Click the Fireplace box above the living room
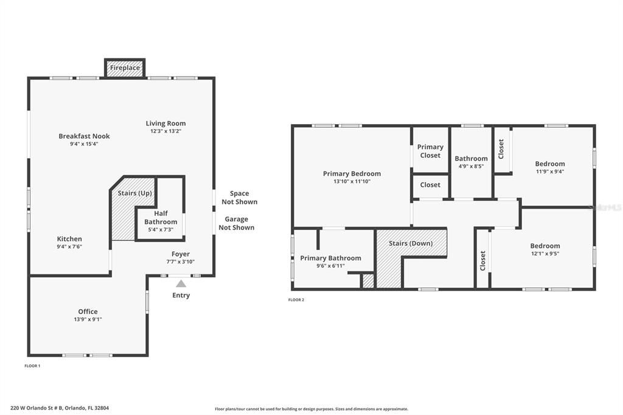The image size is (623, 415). click(125, 68)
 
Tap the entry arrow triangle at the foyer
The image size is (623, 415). click(181, 284)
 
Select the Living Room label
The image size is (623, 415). click(165, 124)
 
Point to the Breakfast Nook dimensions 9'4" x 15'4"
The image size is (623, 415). click(84, 144)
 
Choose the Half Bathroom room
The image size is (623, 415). click(161, 221)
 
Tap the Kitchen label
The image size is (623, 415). click(69, 239)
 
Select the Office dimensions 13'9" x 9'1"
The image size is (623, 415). click(88, 319)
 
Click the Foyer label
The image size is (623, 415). click(181, 254)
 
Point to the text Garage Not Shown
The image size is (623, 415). click(236, 223)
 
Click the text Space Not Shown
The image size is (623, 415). click(239, 198)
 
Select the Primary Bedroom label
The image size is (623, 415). click(352, 173)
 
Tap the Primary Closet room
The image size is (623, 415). click(430, 151)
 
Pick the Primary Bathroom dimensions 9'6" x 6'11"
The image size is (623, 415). click(330, 266)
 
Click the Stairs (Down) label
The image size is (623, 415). click(411, 243)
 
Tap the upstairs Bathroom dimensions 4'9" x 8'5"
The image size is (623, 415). click(471, 166)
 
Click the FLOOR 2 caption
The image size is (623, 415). click(296, 300)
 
